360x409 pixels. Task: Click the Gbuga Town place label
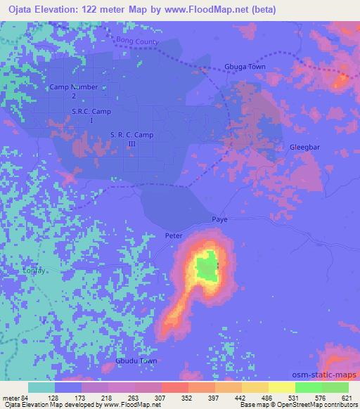[244, 67]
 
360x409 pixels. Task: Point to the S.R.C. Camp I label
[91, 115]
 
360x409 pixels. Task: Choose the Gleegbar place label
[305, 147]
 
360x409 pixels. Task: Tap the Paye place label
[219, 220]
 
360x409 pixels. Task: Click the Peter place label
[174, 235]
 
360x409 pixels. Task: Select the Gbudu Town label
[136, 361]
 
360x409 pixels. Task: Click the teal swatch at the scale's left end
[41, 387]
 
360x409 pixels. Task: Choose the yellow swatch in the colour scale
[281, 387]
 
